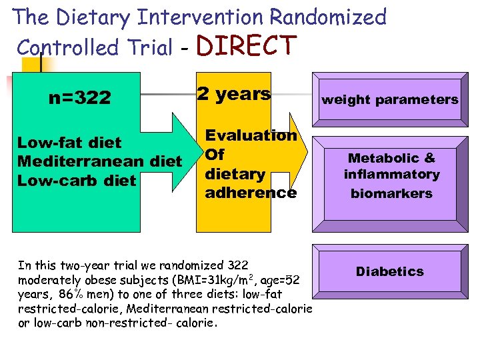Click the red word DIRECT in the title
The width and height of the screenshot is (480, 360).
point(247,46)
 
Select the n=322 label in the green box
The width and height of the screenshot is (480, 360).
point(80,99)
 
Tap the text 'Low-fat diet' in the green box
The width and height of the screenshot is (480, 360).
point(69,143)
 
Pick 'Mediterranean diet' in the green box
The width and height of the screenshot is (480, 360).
point(99,161)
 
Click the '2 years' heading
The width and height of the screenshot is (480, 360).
point(233,94)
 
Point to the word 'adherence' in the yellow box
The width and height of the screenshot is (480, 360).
point(251,193)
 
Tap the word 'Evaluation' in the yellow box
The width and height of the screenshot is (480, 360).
point(251,135)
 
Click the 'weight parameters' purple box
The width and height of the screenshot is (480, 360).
point(390,100)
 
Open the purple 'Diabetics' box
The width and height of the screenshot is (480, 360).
point(389,271)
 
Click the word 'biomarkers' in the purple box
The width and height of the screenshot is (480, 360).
point(392,194)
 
